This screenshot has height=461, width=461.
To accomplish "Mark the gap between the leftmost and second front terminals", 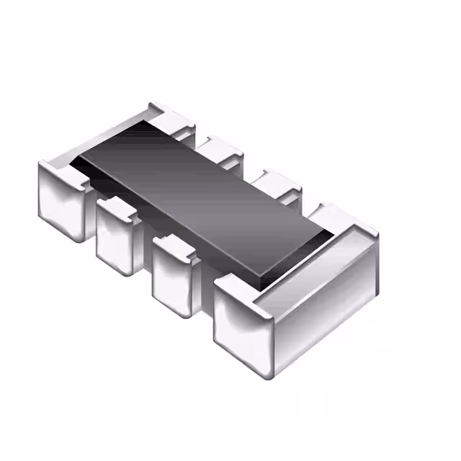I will point(91,216).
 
